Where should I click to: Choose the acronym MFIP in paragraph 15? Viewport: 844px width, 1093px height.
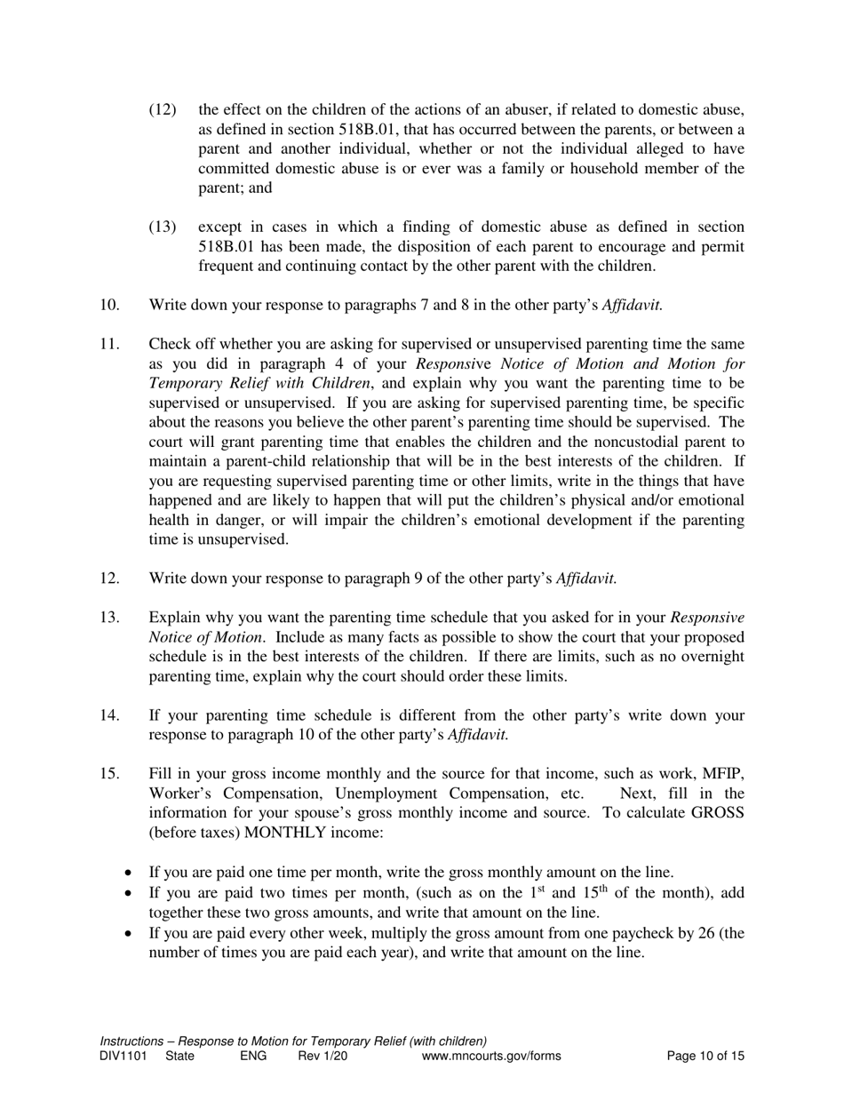pyautogui.click(x=723, y=774)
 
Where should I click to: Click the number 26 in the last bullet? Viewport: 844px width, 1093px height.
pyautogui.click(x=707, y=933)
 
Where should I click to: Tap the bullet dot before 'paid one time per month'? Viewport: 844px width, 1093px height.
pyautogui.click(x=131, y=873)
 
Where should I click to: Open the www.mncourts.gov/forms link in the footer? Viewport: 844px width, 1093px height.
pyautogui.click(x=491, y=1057)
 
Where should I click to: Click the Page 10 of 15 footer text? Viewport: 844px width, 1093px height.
pyautogui.click(x=705, y=1057)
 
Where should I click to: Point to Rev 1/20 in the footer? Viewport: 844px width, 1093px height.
pyautogui.click(x=322, y=1057)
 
